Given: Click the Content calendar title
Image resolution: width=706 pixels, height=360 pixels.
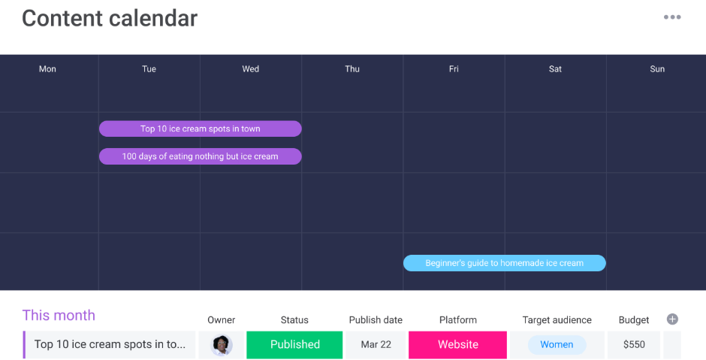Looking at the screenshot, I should (110, 19).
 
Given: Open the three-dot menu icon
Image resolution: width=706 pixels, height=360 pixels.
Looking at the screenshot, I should (672, 17).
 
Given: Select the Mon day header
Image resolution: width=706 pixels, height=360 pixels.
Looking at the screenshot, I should (47, 69).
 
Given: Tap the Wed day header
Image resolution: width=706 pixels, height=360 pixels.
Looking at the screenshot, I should (251, 69).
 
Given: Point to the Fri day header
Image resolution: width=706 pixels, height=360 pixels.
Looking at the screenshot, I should (454, 69).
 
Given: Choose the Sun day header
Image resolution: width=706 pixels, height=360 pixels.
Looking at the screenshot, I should (657, 69).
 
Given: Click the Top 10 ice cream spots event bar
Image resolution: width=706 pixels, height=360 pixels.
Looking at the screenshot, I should (201, 129).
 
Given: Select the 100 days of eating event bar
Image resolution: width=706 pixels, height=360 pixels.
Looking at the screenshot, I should (201, 156).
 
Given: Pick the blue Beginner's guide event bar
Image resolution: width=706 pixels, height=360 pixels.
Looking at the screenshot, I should (504, 263).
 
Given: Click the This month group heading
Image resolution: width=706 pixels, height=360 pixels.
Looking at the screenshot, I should (59, 315).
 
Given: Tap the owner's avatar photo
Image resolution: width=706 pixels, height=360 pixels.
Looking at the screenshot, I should (222, 345).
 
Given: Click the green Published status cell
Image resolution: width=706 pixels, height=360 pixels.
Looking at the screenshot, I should (294, 345).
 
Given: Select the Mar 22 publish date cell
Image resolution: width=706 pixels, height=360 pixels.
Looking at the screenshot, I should (376, 345).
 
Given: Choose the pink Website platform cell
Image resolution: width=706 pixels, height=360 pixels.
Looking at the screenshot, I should (457, 345).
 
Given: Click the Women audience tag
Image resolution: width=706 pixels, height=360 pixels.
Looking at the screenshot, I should (557, 345).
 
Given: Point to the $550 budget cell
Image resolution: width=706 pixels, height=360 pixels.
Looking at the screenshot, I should (634, 345).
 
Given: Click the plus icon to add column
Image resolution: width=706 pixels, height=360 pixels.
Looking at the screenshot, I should (672, 319).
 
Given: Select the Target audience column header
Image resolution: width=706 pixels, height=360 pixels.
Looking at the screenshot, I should (557, 320).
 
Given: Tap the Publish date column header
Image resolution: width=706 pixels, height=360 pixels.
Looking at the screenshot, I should (376, 320).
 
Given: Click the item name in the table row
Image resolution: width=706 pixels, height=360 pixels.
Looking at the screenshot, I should (110, 345).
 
